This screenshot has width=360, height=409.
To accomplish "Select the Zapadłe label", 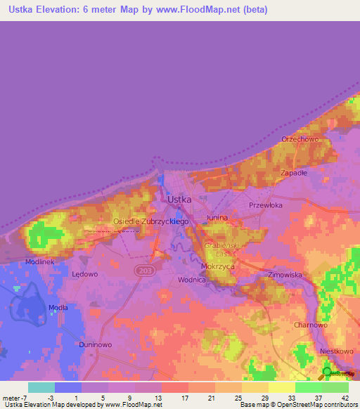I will pyautogui.click(x=293, y=172).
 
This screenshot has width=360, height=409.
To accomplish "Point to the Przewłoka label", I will pyautogui.click(x=266, y=205).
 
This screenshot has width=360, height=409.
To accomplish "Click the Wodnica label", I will pyautogui.click(x=191, y=280).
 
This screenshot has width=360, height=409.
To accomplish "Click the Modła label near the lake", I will pyautogui.click(x=58, y=308).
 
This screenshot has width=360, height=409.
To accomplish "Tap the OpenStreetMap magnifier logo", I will pyautogui.click(x=327, y=372).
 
